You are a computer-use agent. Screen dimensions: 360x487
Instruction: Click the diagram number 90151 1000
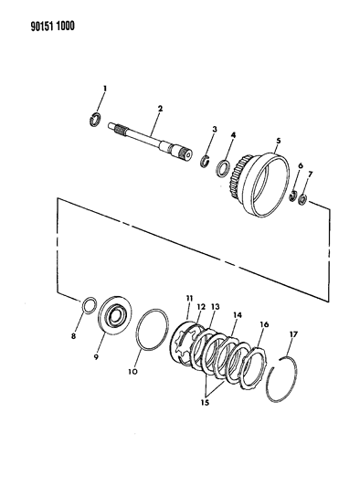[x=52, y=26]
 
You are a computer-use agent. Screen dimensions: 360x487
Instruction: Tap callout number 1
[x=105, y=89]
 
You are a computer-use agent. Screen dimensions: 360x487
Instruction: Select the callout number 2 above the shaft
[x=160, y=109]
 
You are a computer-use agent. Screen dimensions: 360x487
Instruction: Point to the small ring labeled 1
[x=95, y=120]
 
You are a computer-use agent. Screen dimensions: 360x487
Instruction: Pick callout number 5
[x=279, y=141]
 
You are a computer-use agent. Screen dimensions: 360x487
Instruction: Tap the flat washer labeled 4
[x=223, y=168]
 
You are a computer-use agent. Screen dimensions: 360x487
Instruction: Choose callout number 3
[x=215, y=129]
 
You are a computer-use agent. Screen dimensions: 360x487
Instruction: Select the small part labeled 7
[x=302, y=199]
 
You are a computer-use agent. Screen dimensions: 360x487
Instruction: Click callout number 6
[x=300, y=166]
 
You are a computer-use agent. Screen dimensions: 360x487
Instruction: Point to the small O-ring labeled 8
[x=90, y=305]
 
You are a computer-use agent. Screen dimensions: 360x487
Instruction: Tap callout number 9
[x=96, y=357]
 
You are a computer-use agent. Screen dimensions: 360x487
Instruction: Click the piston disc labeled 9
[x=114, y=315]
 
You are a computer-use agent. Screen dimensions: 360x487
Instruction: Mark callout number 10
[x=132, y=372]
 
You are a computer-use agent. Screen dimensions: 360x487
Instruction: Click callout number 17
[x=293, y=334]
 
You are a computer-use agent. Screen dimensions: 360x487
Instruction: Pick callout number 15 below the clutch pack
[x=205, y=403]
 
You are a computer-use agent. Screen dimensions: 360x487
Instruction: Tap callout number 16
[x=264, y=324]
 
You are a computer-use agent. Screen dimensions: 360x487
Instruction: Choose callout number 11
[x=189, y=299]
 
